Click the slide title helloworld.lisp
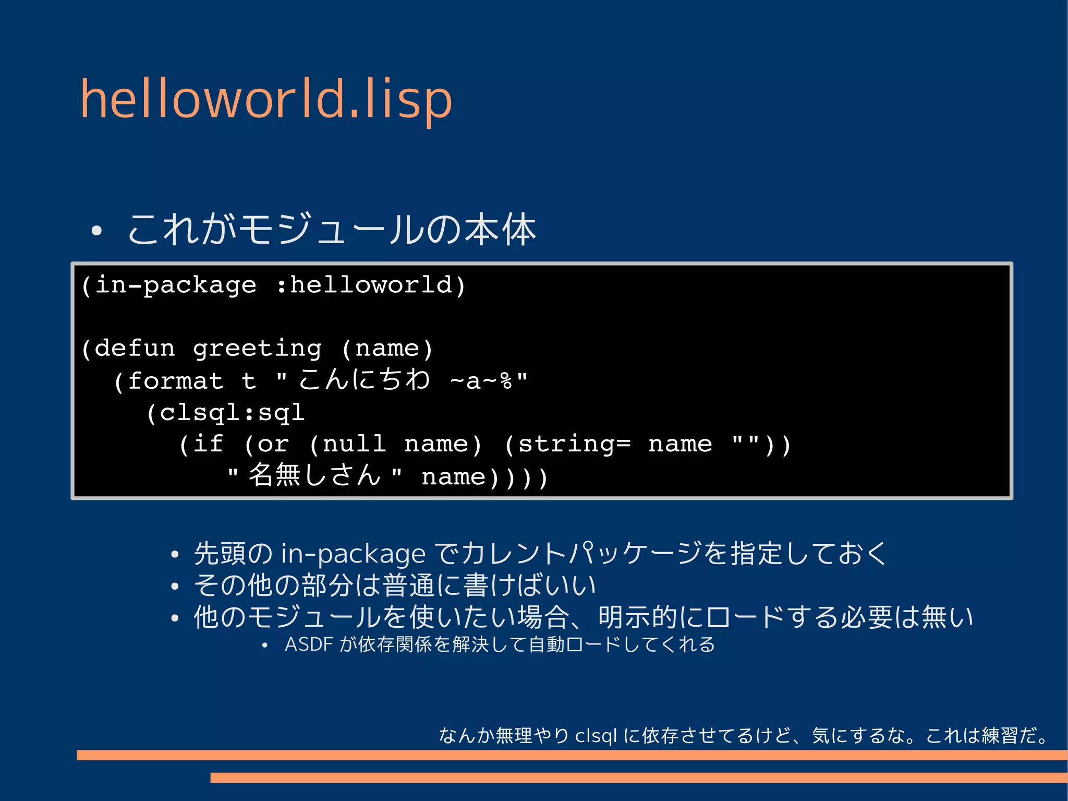[266, 99]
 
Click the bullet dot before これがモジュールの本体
[96, 231]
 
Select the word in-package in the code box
[176, 285]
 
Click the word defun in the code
[135, 348]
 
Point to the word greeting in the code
[257, 349]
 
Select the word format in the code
[176, 380]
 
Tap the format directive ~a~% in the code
[481, 381]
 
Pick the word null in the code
[354, 445]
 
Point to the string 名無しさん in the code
[314, 475]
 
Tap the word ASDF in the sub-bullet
[309, 645]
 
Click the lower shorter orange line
[638, 778]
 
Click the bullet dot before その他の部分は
[175, 587]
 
